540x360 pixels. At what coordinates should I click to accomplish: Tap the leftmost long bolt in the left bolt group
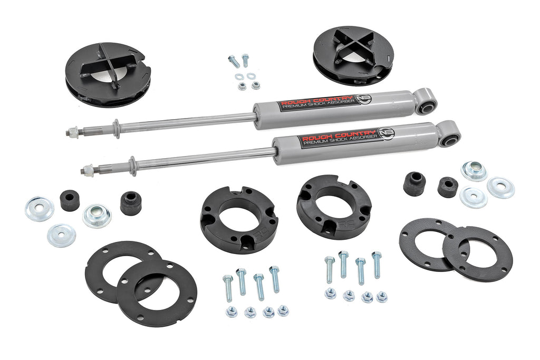227,287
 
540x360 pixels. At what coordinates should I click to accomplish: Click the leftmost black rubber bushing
70,200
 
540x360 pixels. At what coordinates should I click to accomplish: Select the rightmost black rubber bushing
448,187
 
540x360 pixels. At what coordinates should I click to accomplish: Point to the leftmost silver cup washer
39,209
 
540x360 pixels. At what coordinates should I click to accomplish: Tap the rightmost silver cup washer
500,188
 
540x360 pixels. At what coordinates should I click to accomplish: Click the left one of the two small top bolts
234,61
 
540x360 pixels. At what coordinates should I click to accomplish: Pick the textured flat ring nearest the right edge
477,253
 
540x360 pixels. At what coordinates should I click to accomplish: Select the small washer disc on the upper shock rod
115,129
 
